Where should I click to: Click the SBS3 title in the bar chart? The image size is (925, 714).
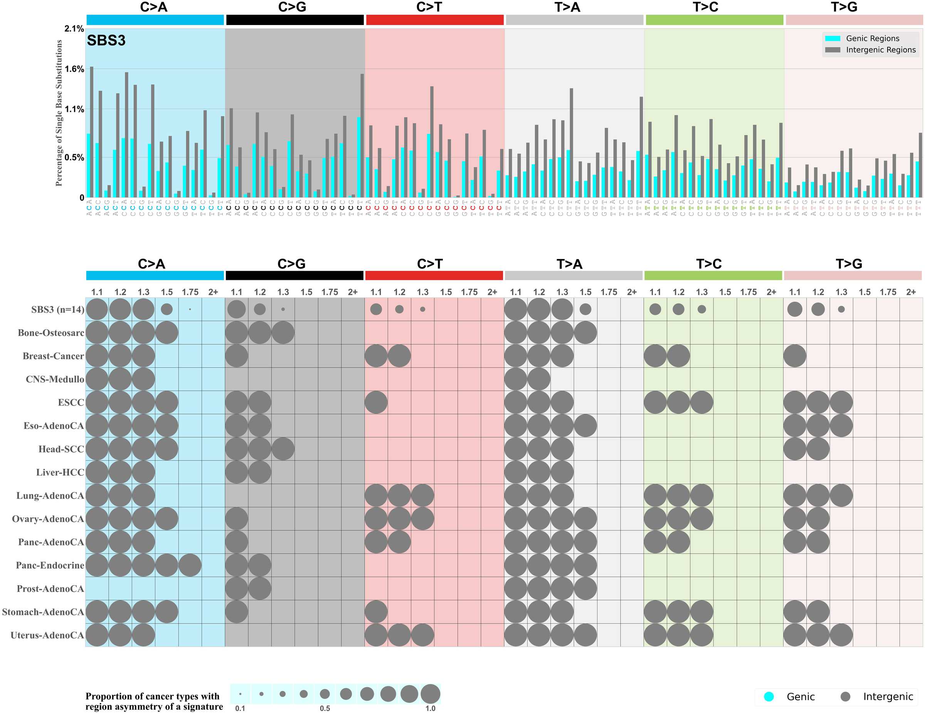(106, 41)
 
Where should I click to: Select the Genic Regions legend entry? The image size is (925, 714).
(872, 39)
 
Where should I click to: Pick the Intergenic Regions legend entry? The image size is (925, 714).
(880, 50)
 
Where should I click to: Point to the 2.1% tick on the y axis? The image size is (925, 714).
(74, 29)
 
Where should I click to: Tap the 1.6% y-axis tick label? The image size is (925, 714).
(74, 69)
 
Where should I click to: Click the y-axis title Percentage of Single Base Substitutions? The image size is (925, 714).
(59, 113)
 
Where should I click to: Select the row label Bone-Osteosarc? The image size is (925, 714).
(51, 333)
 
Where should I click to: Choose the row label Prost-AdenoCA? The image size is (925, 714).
(50, 589)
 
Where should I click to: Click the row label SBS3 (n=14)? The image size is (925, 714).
(57, 309)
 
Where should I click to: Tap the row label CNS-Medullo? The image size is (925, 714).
(55, 379)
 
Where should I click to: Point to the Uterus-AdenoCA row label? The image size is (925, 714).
(47, 635)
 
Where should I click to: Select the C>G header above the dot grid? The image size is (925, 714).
(291, 264)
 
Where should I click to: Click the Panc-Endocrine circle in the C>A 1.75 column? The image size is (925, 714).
(190, 565)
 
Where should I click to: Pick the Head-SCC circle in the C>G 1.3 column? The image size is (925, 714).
(283, 449)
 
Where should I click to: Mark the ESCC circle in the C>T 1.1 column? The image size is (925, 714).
(376, 402)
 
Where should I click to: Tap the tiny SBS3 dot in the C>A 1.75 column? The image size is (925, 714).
(190, 309)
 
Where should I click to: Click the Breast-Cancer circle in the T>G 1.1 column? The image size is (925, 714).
(795, 356)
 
